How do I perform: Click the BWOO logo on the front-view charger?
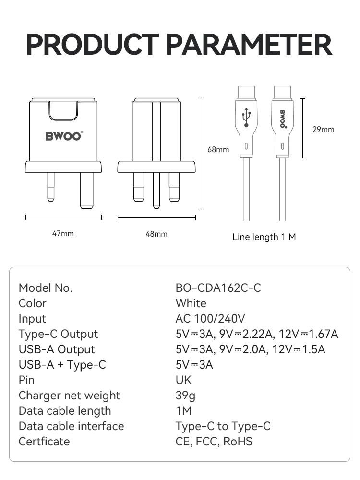pos(64,136)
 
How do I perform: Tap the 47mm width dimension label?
pos(63,234)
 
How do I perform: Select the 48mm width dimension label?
pos(156,234)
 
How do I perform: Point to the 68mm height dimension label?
pos(218,149)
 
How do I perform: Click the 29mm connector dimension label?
pos(323,129)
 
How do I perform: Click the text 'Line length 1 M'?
pos(264,237)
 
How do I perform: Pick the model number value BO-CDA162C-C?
pos(218,288)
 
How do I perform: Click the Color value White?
pos(191,303)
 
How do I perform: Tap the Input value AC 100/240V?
pos(211,319)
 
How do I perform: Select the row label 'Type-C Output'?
pos(58,334)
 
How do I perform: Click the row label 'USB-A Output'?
pos(57,349)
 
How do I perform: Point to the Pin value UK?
pos(183,380)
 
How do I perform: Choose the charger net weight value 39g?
pos(185,396)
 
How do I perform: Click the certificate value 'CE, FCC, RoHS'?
pos(214,442)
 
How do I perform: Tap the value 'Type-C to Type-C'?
pos(223,426)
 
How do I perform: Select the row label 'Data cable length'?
pos(65,411)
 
